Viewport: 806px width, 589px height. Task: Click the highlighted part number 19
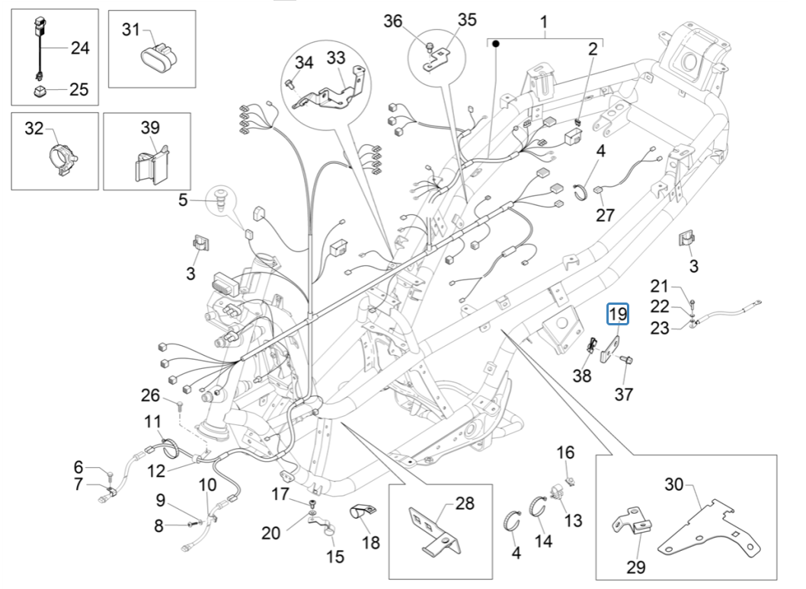[x=617, y=314]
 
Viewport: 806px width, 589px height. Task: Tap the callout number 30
[x=674, y=484]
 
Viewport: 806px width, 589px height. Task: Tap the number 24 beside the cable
[x=80, y=49]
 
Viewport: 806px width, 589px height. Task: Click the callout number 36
[x=393, y=21]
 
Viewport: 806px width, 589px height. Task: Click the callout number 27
[x=605, y=216]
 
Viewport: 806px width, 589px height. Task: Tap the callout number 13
[x=573, y=520]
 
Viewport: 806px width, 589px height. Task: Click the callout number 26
[x=150, y=395]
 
